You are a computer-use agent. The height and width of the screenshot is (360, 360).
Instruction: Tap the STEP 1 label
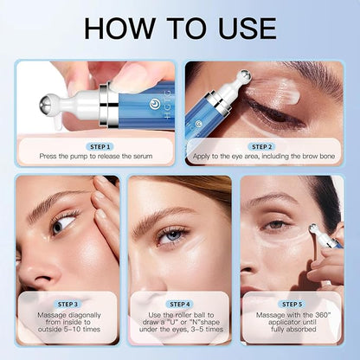(x=100, y=147)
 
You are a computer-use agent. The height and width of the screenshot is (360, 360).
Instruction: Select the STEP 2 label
(x=261, y=147)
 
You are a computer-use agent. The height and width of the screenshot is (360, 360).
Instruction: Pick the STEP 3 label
(x=67, y=304)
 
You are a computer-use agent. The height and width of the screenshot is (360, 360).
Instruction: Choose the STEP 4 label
(x=180, y=304)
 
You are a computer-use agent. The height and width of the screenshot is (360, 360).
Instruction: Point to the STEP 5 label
(x=292, y=304)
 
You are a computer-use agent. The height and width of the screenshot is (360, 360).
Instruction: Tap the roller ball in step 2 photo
(x=246, y=76)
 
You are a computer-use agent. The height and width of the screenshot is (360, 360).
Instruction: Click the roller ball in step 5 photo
(x=314, y=229)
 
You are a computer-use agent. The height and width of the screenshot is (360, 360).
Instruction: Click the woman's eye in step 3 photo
(x=63, y=223)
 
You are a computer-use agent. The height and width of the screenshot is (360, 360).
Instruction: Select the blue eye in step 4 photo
(x=171, y=236)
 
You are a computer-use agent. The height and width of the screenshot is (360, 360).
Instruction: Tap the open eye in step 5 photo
(x=275, y=225)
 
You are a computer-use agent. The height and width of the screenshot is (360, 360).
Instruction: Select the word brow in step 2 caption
(x=310, y=157)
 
